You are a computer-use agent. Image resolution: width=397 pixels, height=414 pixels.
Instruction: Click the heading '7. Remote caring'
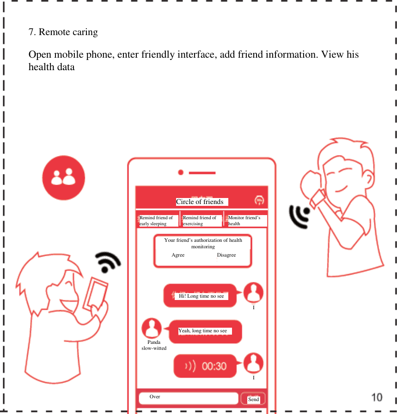(x=63, y=32)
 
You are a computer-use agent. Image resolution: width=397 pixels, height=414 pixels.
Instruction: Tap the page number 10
(x=377, y=396)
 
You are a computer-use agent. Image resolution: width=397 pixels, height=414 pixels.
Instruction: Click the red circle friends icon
(x=64, y=179)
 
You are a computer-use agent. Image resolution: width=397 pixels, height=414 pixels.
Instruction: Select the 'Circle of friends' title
(x=200, y=202)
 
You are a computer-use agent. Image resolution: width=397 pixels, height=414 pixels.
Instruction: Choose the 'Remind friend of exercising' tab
(x=201, y=221)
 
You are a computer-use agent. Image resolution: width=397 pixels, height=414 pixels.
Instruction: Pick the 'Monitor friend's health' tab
(x=246, y=221)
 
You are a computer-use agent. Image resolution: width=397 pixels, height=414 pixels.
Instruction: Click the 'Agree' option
(x=178, y=255)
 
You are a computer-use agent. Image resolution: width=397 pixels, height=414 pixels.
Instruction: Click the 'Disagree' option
(x=226, y=255)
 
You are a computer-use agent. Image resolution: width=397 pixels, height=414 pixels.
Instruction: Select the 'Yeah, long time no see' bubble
(x=205, y=331)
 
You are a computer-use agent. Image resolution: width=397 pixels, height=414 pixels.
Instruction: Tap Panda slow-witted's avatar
(x=152, y=328)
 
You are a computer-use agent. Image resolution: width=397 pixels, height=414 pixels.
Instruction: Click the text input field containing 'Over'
(x=188, y=398)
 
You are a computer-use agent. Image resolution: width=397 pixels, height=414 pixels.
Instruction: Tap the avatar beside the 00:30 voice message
(x=253, y=363)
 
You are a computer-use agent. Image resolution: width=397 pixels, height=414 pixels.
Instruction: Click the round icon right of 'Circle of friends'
(x=260, y=200)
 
